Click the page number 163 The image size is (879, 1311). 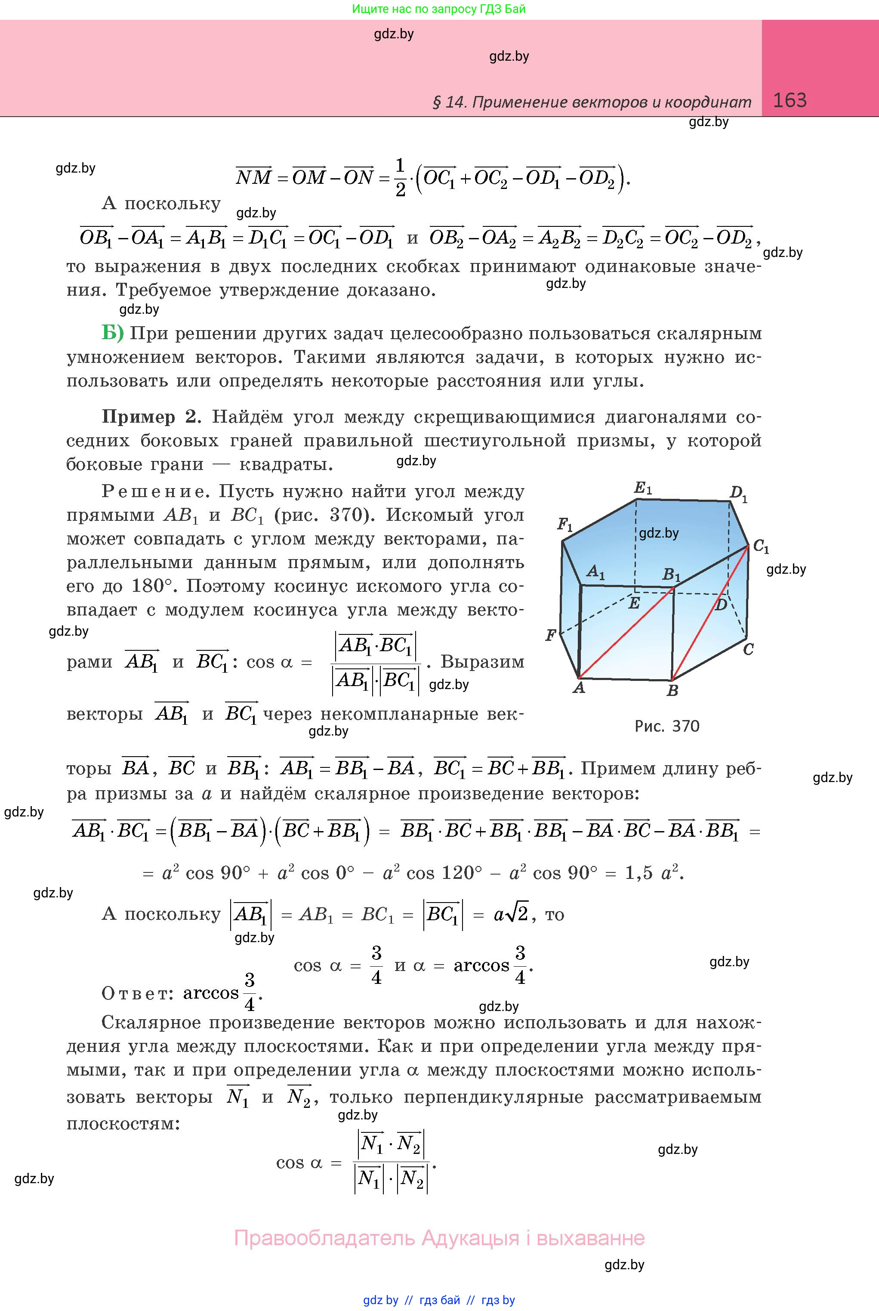(x=790, y=100)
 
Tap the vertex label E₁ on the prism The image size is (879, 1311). (x=642, y=488)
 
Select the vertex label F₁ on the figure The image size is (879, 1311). (x=564, y=525)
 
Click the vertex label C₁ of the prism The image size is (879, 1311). (x=761, y=546)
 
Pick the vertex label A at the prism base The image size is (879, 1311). (x=579, y=687)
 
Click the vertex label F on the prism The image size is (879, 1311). (x=550, y=635)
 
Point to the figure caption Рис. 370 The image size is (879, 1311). (x=666, y=726)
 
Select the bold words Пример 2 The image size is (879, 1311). (x=150, y=417)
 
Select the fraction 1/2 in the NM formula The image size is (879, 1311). (x=400, y=177)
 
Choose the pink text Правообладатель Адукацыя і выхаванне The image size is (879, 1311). (x=439, y=1237)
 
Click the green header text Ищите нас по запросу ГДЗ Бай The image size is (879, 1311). (x=439, y=9)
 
